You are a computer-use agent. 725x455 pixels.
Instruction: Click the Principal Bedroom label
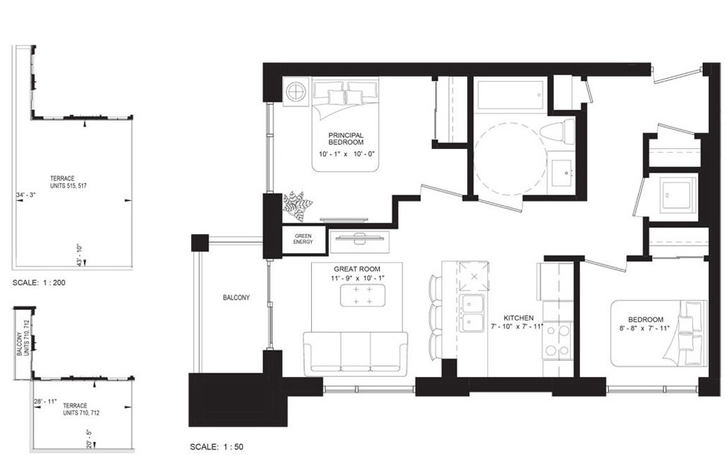coord(346,138)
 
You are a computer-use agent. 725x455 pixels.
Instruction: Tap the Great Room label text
coord(357,269)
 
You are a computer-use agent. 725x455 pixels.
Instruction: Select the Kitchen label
coord(518,318)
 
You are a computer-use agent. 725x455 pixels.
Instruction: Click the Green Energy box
coord(303,239)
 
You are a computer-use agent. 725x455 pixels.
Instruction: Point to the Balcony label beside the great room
coord(236,298)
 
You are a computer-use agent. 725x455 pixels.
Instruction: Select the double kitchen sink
coord(472,312)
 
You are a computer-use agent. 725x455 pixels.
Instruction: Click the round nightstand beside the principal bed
coord(295,92)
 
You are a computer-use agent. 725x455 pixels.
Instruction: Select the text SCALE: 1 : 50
coord(217,447)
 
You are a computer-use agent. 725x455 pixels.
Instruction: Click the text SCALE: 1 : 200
coord(39,283)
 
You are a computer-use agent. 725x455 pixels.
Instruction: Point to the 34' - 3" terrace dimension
coord(26,195)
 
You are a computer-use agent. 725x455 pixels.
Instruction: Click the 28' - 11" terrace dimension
coord(45,402)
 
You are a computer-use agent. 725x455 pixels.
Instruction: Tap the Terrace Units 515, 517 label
coord(68,182)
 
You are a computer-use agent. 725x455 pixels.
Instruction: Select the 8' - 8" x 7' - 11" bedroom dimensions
coord(645,329)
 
